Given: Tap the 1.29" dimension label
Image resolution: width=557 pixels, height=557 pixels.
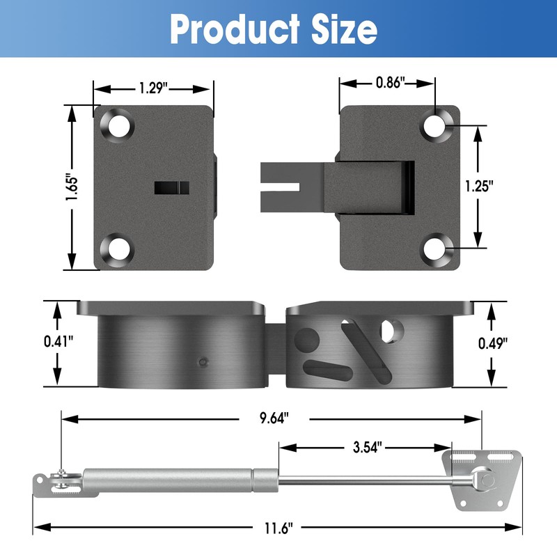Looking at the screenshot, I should click(x=152, y=88).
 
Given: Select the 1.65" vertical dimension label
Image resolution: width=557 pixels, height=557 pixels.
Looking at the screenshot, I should click(x=70, y=187).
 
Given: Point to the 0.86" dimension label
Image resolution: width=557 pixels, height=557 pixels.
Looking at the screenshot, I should click(x=389, y=83).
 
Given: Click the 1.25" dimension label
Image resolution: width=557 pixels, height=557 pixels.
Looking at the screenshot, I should click(x=478, y=187).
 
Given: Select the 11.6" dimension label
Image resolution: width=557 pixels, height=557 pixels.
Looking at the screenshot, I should click(x=276, y=528).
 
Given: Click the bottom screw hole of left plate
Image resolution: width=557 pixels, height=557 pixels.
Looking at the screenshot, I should click(x=119, y=249).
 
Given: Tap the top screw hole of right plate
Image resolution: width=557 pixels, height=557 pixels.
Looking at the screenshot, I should click(x=435, y=125).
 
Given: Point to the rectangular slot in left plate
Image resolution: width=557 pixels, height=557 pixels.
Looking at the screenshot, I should click(x=171, y=187).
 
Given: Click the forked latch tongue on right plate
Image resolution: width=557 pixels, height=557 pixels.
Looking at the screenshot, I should click(x=285, y=187).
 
